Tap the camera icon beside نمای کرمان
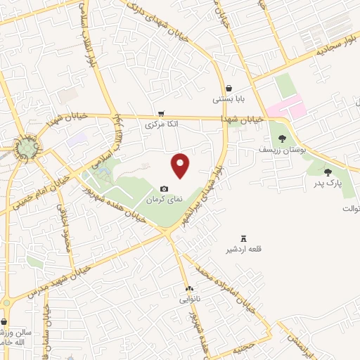click(164, 188)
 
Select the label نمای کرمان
click(164, 200)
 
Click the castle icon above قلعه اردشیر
click(244, 238)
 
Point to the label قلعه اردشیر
click(243, 250)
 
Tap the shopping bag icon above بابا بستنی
click(229, 88)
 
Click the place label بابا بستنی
click(229, 100)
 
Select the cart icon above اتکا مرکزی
click(162, 112)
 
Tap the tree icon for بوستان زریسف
click(282, 139)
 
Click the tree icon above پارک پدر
click(327, 172)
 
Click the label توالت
click(350, 209)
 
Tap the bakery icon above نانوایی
click(188, 288)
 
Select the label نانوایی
click(188, 300)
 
